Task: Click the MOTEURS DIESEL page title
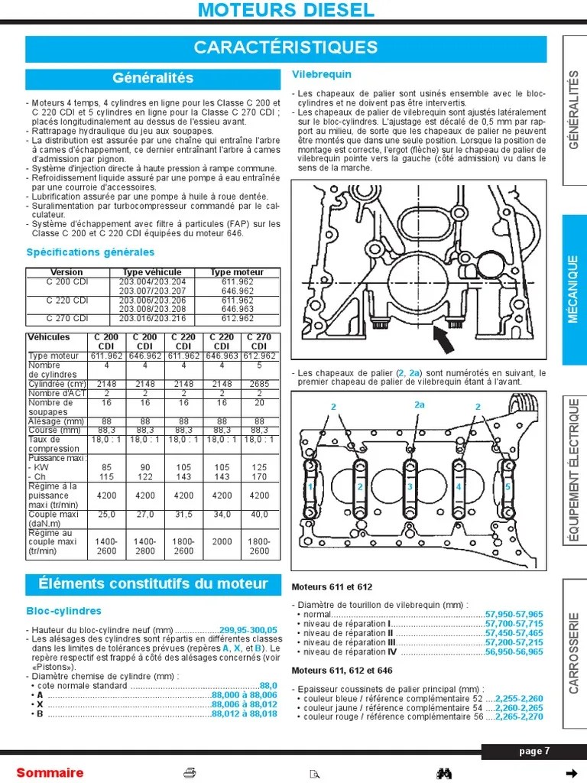click(286, 10)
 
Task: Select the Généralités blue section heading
click(153, 78)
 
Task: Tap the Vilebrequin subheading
click(322, 74)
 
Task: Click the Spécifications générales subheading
click(90, 252)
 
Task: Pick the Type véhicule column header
click(152, 272)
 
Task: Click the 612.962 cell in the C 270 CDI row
click(237, 318)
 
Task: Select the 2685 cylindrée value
click(259, 383)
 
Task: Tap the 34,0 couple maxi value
click(222, 514)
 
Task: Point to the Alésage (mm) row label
click(56, 421)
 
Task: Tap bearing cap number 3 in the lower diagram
click(410, 486)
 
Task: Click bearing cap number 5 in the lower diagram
click(508, 486)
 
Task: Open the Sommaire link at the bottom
click(50, 772)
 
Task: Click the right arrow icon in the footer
click(569, 772)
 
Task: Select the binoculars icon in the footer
click(445, 772)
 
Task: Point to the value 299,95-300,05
click(248, 629)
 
